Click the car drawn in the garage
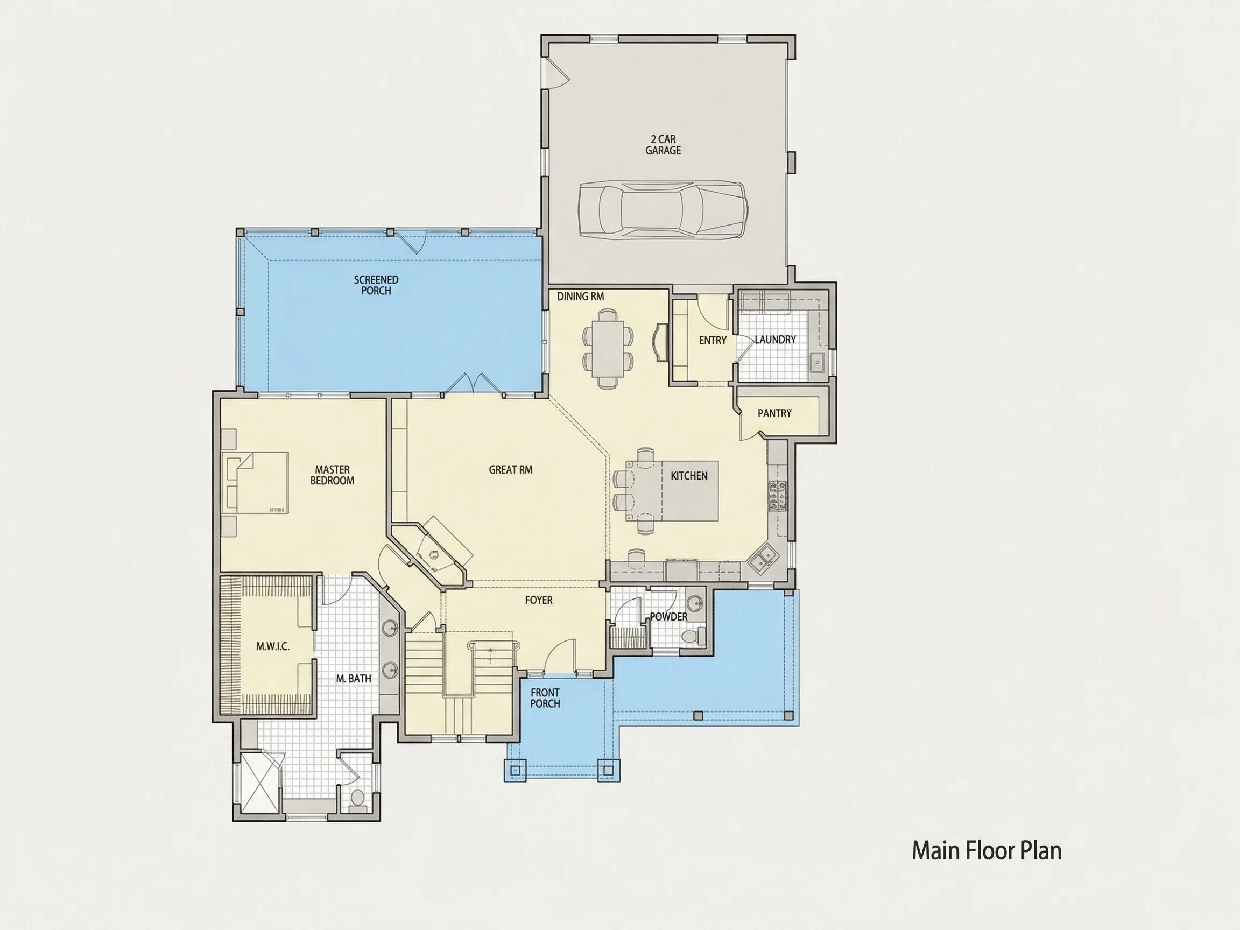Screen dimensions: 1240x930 pos(663,210)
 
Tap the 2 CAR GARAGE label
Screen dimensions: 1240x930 pos(663,145)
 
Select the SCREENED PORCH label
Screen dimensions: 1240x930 pos(376,285)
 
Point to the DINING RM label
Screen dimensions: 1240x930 pos(580,296)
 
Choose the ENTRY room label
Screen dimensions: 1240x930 pos(713,340)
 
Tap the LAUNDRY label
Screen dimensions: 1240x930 pos(776,340)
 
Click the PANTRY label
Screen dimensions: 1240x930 pos(774,413)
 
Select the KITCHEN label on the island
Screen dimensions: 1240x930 pos(689,476)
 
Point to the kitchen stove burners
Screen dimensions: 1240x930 pos(778,496)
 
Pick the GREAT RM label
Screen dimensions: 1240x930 pos(511,470)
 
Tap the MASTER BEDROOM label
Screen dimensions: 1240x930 pos(333,475)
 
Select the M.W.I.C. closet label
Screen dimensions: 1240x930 pos(273,646)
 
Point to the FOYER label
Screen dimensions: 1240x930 pos(539,601)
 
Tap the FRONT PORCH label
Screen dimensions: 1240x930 pos(545,698)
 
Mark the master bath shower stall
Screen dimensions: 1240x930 pos(259,781)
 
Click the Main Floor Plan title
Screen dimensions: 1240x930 pos(987,850)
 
